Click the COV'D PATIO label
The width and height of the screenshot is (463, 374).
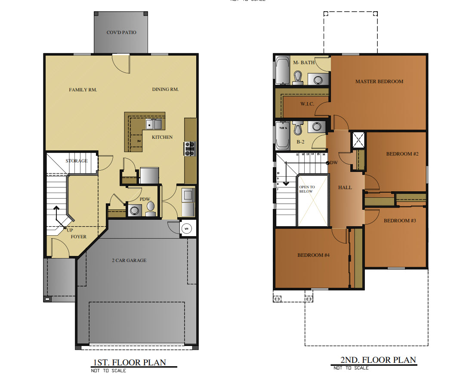(x=121, y=32)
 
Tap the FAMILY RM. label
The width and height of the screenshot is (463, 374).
(x=83, y=90)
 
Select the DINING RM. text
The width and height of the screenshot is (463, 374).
(x=165, y=90)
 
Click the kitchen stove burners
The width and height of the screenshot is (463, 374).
(x=190, y=149)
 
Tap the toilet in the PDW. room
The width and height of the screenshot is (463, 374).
(x=151, y=207)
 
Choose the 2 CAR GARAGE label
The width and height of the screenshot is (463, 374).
(x=129, y=260)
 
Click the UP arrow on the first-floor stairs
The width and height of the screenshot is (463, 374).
(x=56, y=213)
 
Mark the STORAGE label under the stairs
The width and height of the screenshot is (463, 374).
(x=77, y=161)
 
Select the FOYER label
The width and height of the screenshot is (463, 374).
(x=79, y=237)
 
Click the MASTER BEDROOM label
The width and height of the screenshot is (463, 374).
(x=379, y=81)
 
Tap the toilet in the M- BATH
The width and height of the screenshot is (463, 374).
(x=297, y=78)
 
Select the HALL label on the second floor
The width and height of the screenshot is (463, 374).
(x=345, y=187)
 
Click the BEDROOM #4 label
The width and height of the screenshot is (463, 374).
(x=313, y=255)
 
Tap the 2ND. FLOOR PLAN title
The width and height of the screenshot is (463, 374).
(x=378, y=360)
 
